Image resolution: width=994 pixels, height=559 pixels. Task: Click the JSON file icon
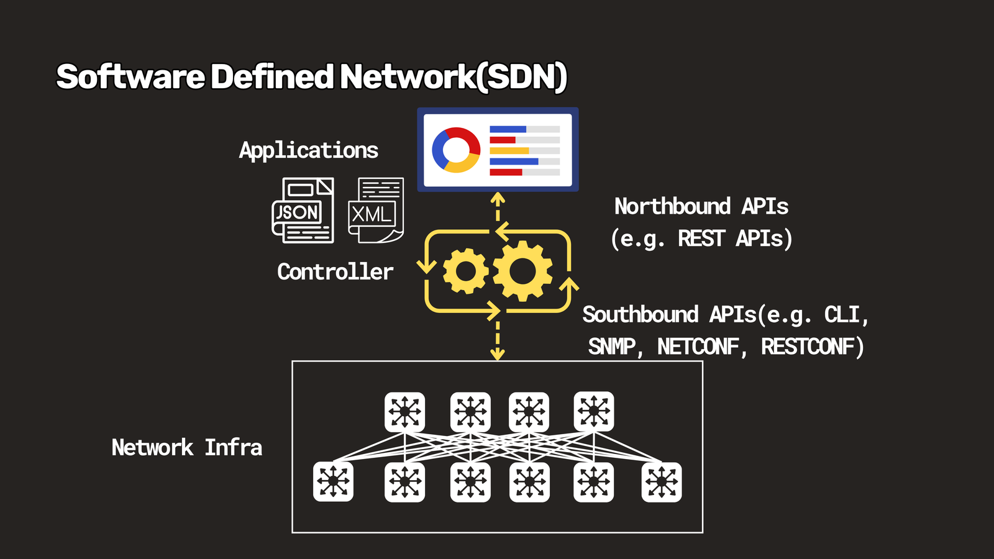click(x=303, y=211)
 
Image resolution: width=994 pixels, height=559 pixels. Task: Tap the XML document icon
click(x=376, y=211)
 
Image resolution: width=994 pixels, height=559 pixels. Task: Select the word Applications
click(x=309, y=150)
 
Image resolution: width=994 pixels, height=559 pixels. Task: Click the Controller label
click(x=335, y=271)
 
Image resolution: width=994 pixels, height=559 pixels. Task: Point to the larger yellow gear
click(x=522, y=271)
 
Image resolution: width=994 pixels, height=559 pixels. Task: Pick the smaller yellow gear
click(x=465, y=271)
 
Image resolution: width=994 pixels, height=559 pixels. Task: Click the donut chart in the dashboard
click(x=456, y=150)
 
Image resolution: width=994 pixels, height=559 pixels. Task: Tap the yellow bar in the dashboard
click(x=509, y=150)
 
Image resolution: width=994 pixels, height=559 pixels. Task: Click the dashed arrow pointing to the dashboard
click(x=498, y=207)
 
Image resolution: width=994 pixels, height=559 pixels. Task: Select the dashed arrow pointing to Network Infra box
click(x=498, y=341)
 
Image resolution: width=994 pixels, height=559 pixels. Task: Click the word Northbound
click(x=672, y=206)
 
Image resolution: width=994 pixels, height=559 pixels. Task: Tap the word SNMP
click(x=612, y=347)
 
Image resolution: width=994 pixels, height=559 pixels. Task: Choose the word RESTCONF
click(x=807, y=347)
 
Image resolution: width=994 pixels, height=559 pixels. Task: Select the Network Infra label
click(x=186, y=447)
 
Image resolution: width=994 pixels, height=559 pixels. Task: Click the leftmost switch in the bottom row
click(x=333, y=482)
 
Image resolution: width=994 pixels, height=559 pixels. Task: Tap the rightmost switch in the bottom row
click(x=662, y=482)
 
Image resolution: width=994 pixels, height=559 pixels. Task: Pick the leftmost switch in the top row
click(x=404, y=412)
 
